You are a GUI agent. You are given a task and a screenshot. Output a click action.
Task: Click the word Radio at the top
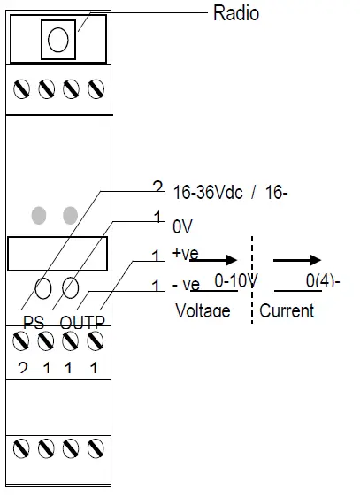point(236,13)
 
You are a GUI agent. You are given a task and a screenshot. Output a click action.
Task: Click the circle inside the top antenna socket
point(57,39)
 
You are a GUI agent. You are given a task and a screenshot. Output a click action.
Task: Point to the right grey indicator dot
point(70,214)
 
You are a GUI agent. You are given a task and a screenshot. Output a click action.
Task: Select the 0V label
point(183,226)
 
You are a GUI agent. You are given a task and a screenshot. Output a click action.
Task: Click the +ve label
point(186,255)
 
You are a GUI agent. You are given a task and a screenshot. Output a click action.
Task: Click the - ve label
point(185,285)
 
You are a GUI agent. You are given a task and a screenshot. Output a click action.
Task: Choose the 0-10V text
point(236,282)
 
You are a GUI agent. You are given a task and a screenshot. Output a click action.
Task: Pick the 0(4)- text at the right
point(323,282)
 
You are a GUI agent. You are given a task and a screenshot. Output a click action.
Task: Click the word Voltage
point(203,310)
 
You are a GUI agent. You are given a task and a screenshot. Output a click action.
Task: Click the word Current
point(287,310)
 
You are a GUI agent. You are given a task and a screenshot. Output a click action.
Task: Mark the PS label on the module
point(34,323)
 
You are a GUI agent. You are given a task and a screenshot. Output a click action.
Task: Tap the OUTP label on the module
point(81,323)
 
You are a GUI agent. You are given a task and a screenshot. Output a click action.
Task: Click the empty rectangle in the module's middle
point(57,253)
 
